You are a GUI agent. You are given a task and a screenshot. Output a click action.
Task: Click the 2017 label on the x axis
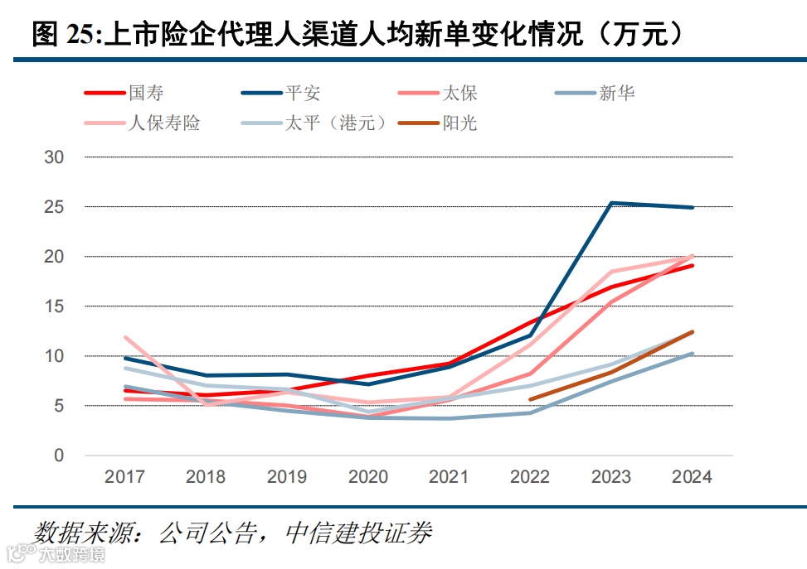[x=124, y=477]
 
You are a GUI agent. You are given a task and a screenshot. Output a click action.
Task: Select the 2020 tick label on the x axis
[x=367, y=477]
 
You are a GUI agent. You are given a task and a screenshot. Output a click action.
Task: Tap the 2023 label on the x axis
[x=610, y=477]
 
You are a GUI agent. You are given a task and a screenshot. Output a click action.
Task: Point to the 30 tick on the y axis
[x=54, y=157]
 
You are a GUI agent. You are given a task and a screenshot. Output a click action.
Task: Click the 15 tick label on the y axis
[x=54, y=306]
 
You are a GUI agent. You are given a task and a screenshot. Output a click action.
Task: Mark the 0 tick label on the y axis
[x=59, y=456]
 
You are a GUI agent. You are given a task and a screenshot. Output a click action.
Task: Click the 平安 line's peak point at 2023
[x=611, y=203]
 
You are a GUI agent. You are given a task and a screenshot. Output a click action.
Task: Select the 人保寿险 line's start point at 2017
[x=125, y=337]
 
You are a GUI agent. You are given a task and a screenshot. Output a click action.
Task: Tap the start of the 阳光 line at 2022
[x=530, y=399]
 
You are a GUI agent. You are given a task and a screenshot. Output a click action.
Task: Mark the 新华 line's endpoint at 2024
[x=692, y=354]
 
